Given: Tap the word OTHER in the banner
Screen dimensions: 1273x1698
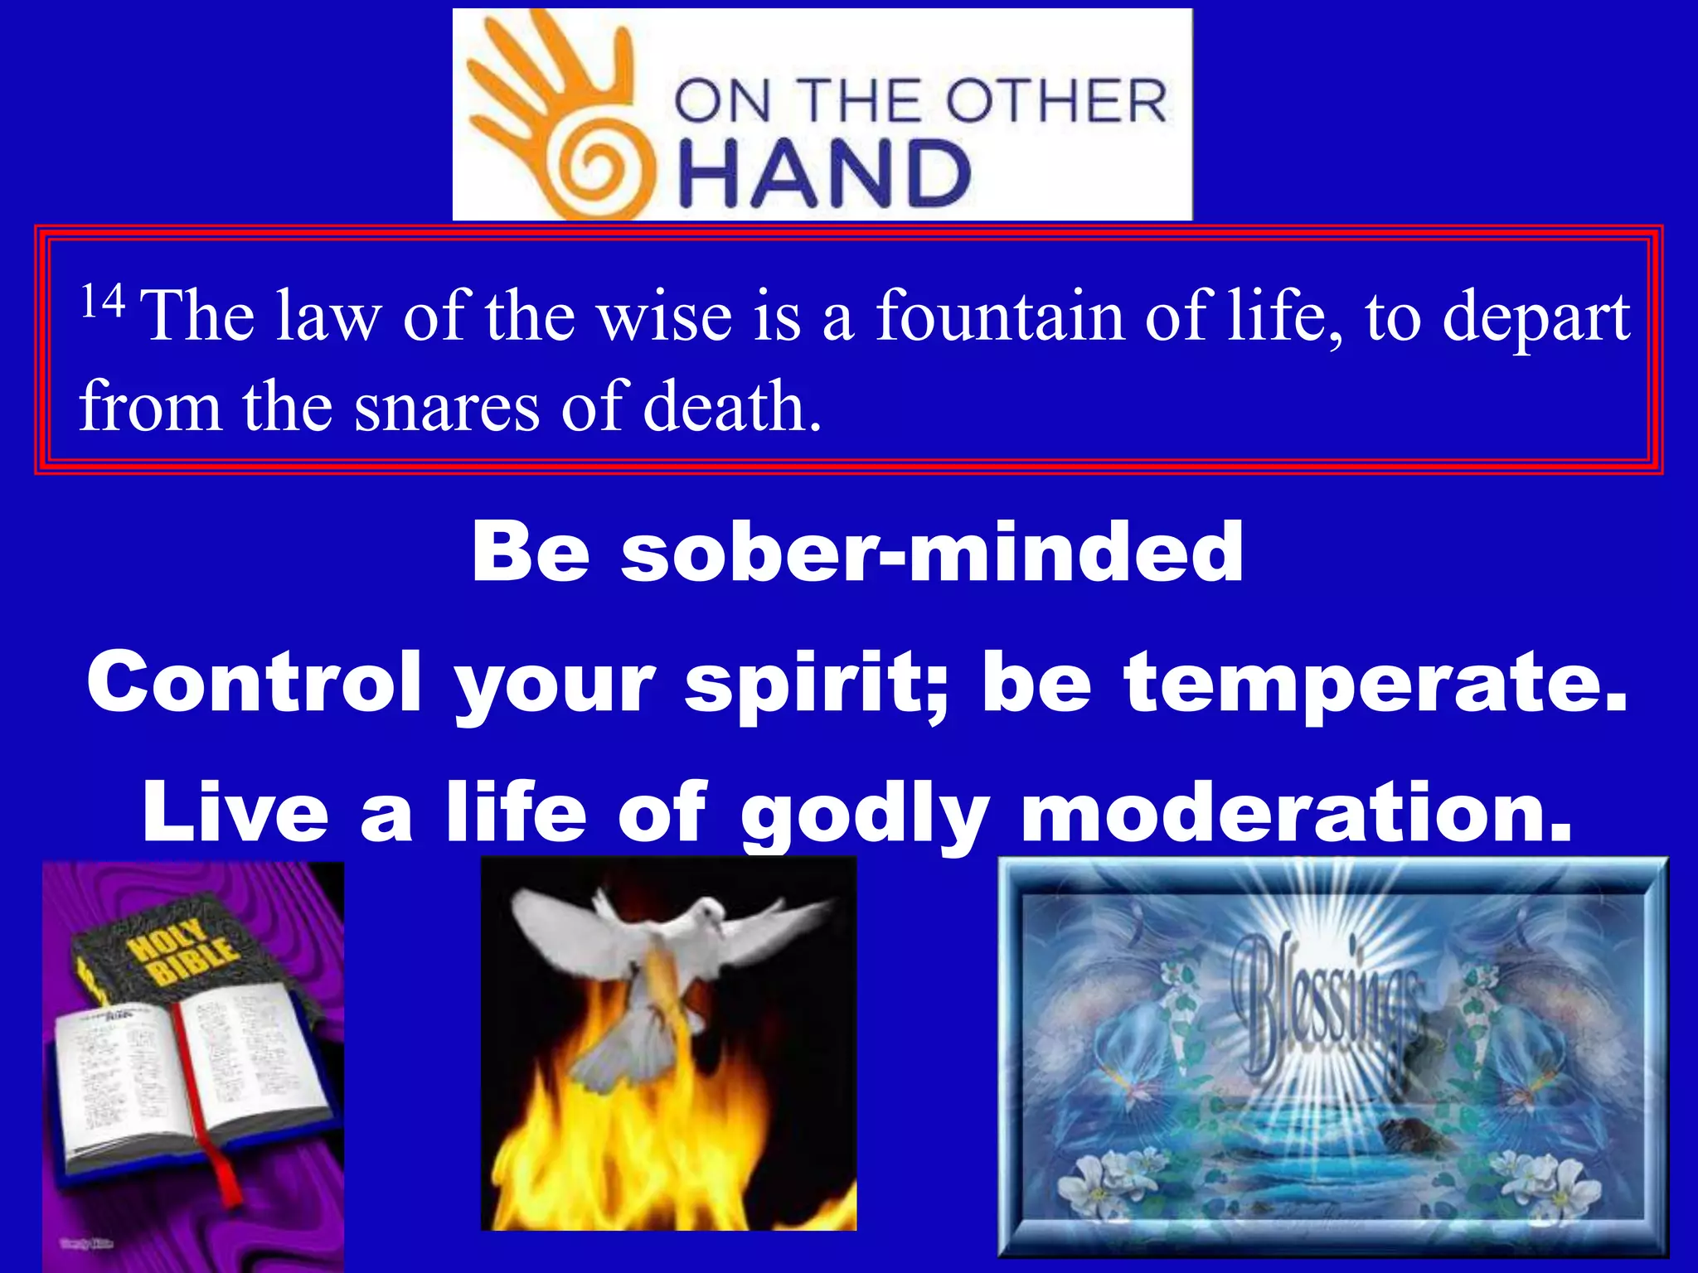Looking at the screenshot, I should (1056, 102).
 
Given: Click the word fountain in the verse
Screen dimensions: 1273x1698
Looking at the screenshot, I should (999, 316).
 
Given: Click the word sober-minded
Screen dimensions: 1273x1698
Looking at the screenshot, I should (932, 553).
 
